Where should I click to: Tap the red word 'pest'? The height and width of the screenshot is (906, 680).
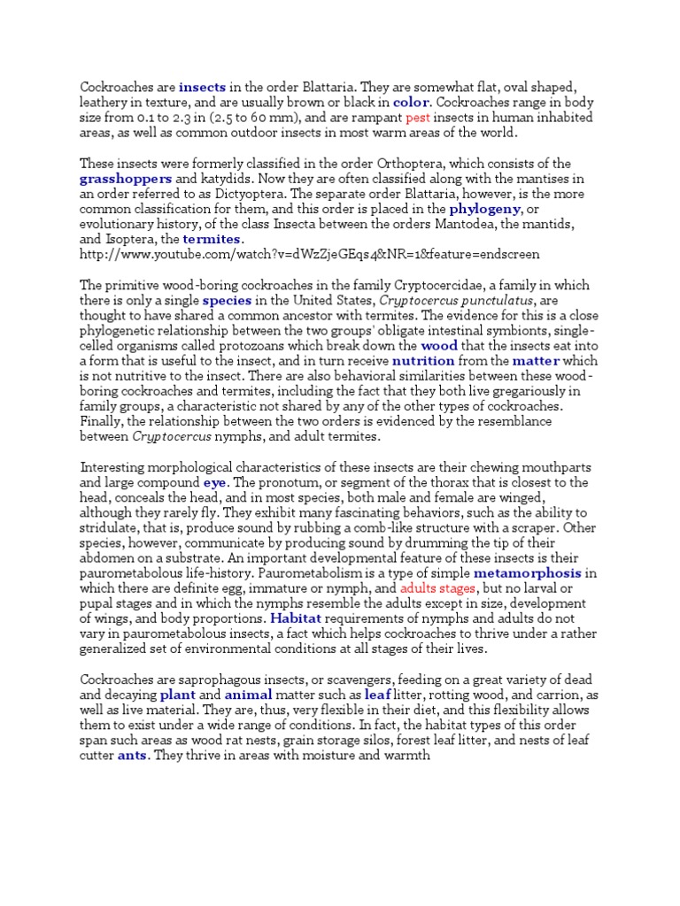tap(419, 118)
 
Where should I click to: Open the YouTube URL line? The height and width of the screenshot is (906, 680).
tap(309, 255)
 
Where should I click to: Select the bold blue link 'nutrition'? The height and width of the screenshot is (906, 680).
tap(423, 362)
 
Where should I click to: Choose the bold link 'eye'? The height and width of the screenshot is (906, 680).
tap(215, 483)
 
